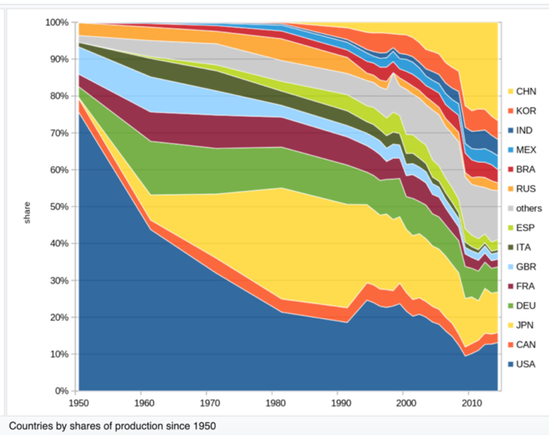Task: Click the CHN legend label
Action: [x=526, y=91]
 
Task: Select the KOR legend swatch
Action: [x=511, y=111]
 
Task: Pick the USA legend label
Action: [x=526, y=364]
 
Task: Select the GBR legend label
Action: [x=526, y=267]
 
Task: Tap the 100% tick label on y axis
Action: [x=57, y=23]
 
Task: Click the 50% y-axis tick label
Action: [x=59, y=207]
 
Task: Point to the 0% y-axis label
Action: [x=61, y=391]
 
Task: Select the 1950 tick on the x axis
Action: [x=79, y=403]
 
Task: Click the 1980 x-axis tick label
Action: [x=275, y=403]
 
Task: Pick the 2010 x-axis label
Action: [x=472, y=403]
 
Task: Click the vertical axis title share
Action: [x=27, y=213]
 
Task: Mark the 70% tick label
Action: [x=59, y=133]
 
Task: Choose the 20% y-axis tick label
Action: [x=59, y=317]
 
